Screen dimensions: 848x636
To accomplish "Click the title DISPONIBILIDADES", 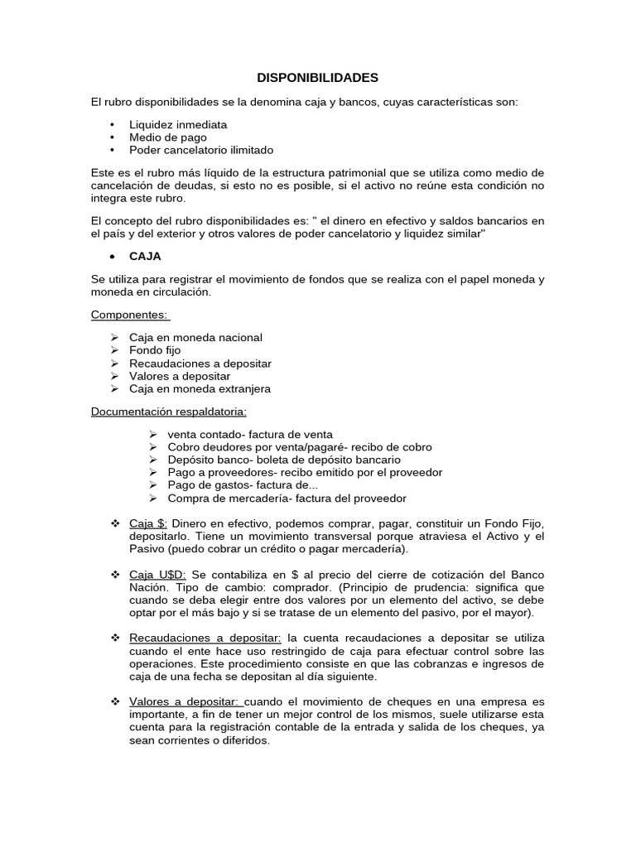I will click(317, 78).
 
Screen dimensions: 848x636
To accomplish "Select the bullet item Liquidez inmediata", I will click(178, 124).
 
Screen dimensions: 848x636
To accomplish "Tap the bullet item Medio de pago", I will click(168, 137).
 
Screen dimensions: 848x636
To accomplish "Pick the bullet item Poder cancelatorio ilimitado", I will click(201, 150).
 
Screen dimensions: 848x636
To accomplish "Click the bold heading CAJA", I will click(145, 257).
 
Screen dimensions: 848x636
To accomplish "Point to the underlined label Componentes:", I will click(130, 315).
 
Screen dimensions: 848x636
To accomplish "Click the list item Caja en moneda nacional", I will click(195, 338).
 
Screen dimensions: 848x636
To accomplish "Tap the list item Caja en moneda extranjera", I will click(200, 388).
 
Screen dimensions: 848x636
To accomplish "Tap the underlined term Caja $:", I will click(149, 524).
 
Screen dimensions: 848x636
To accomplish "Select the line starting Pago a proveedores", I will click(305, 472).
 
